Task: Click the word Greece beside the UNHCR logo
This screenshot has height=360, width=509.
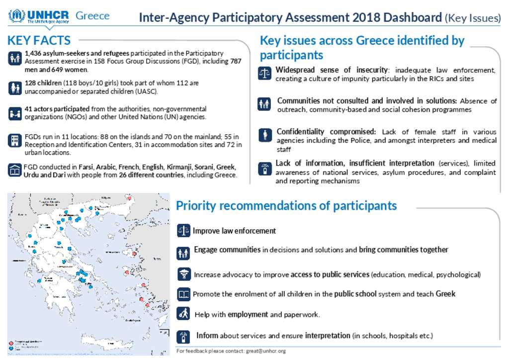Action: point(92,16)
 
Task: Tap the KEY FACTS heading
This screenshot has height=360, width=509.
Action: point(39,40)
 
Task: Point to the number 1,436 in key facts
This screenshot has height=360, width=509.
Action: point(34,53)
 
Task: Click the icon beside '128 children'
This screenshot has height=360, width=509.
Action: point(14,88)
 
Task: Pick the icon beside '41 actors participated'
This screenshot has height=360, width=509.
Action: point(14,113)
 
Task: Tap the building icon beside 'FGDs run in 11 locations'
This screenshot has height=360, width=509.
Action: point(14,140)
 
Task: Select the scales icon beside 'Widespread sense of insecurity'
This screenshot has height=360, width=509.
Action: point(263,74)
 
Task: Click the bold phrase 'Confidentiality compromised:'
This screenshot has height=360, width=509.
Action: point(326,132)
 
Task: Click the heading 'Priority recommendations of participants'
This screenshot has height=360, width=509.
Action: point(286,205)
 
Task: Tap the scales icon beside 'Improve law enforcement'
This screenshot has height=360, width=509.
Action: point(183,230)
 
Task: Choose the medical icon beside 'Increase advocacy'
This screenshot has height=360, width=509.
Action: point(184,274)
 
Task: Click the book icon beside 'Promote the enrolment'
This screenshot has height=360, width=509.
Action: point(184,294)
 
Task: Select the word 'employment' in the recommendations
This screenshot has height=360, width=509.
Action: point(248,315)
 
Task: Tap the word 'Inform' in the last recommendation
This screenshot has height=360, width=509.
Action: point(207,336)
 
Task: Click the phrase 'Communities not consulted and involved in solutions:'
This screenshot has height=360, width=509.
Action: point(367,101)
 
